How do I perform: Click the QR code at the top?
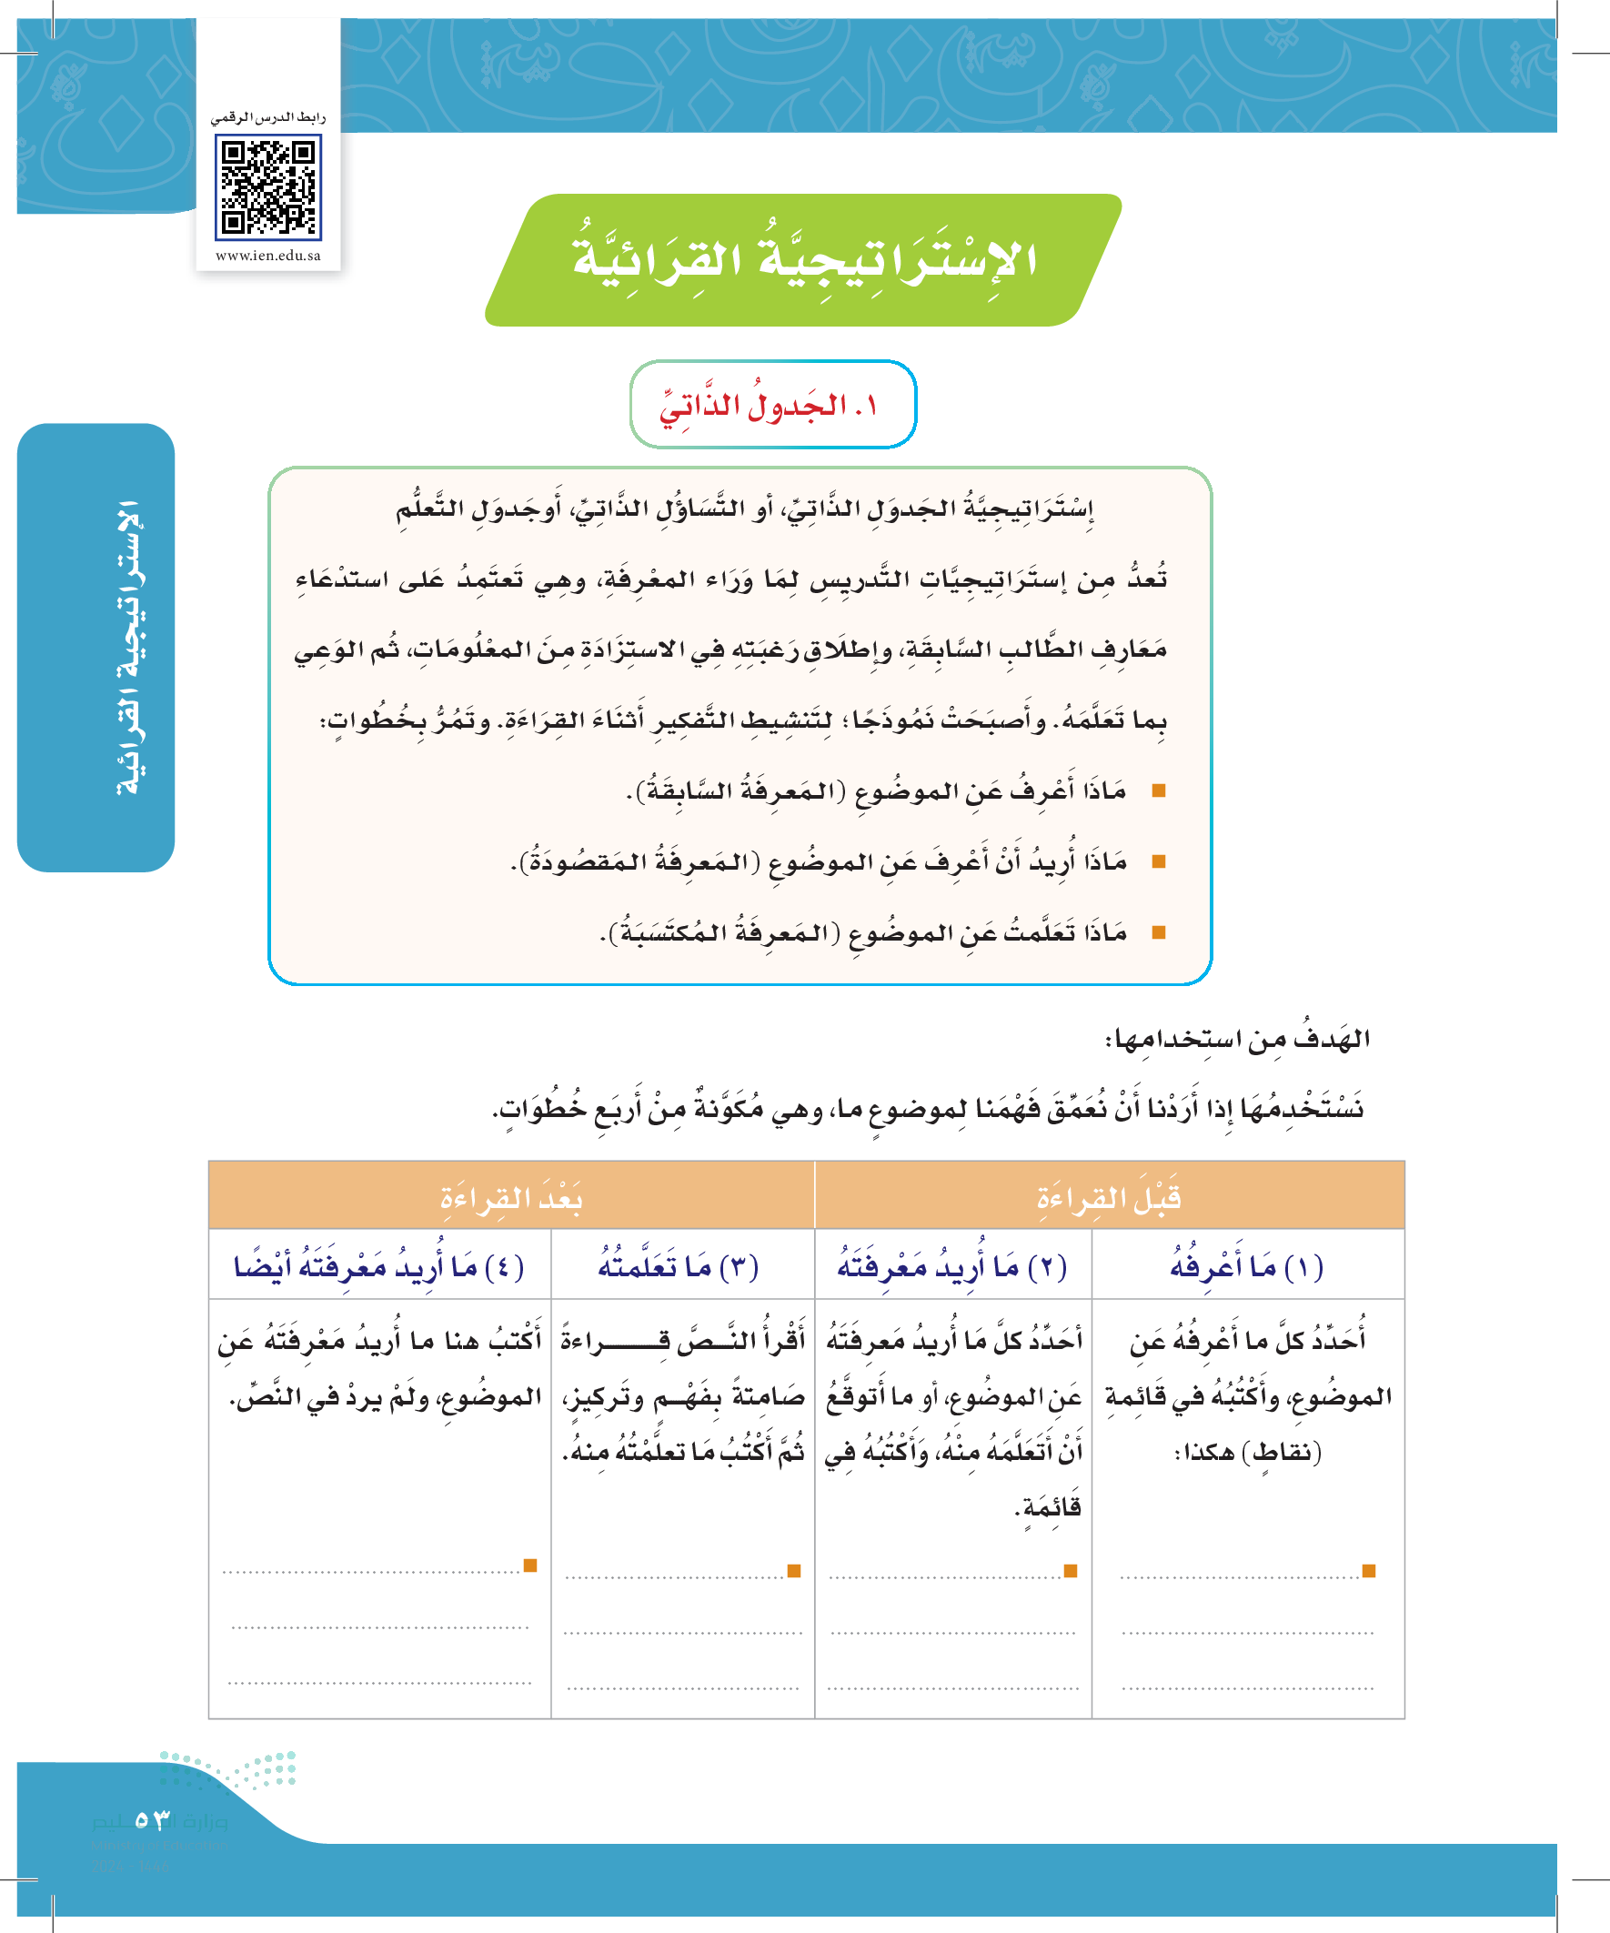[267, 186]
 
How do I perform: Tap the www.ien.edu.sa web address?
[267, 256]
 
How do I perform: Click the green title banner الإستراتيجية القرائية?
[803, 259]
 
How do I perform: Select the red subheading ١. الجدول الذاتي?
[771, 405]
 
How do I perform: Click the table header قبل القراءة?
[1108, 1196]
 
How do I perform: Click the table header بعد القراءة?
[511, 1196]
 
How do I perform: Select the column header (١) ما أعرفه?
[1246, 1266]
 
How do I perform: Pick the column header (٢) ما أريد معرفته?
[951, 1266]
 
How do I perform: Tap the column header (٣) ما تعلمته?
[679, 1266]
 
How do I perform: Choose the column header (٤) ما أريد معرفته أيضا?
[379, 1266]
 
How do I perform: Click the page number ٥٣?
[153, 1820]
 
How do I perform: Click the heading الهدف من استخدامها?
[1237, 1039]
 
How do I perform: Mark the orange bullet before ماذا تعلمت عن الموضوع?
[1159, 932]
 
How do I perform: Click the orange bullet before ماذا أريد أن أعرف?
[1159, 861]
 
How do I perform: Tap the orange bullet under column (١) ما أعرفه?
[1369, 1570]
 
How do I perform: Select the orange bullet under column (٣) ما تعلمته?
[794, 1570]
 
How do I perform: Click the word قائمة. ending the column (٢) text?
[1048, 1506]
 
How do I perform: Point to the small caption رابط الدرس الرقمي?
[267, 118]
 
